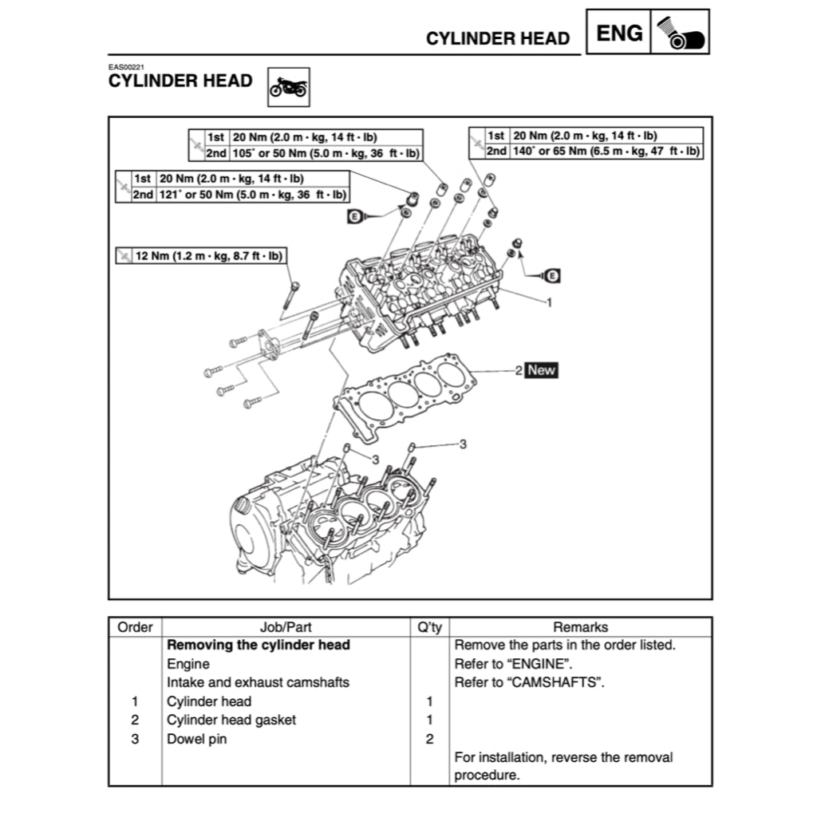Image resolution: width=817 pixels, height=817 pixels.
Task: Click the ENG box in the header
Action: (619, 33)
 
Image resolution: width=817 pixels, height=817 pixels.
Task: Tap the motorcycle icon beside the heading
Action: (288, 87)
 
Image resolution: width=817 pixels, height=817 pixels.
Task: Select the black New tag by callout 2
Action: (542, 370)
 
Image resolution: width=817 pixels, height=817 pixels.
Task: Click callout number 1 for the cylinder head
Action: (549, 302)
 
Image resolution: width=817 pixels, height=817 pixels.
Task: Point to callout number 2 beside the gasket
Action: (518, 370)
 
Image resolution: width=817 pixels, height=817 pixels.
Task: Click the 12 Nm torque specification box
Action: (202, 256)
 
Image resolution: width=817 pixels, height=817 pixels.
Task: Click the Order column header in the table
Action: (135, 627)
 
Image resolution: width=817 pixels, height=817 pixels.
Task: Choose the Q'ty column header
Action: (429, 627)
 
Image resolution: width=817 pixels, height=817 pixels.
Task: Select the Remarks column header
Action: (580, 627)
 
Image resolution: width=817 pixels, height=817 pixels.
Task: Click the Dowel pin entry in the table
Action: (196, 739)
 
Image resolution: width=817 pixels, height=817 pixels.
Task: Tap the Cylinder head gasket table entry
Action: (231, 720)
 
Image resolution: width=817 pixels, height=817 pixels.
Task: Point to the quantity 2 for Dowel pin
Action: (429, 739)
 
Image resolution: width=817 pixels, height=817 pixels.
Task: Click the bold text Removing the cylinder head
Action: (259, 645)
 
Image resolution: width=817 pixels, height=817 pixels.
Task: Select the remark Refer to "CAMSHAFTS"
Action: (527, 682)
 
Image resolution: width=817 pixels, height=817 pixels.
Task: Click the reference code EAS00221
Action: (126, 68)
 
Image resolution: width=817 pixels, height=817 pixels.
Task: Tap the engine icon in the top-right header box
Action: (680, 33)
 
